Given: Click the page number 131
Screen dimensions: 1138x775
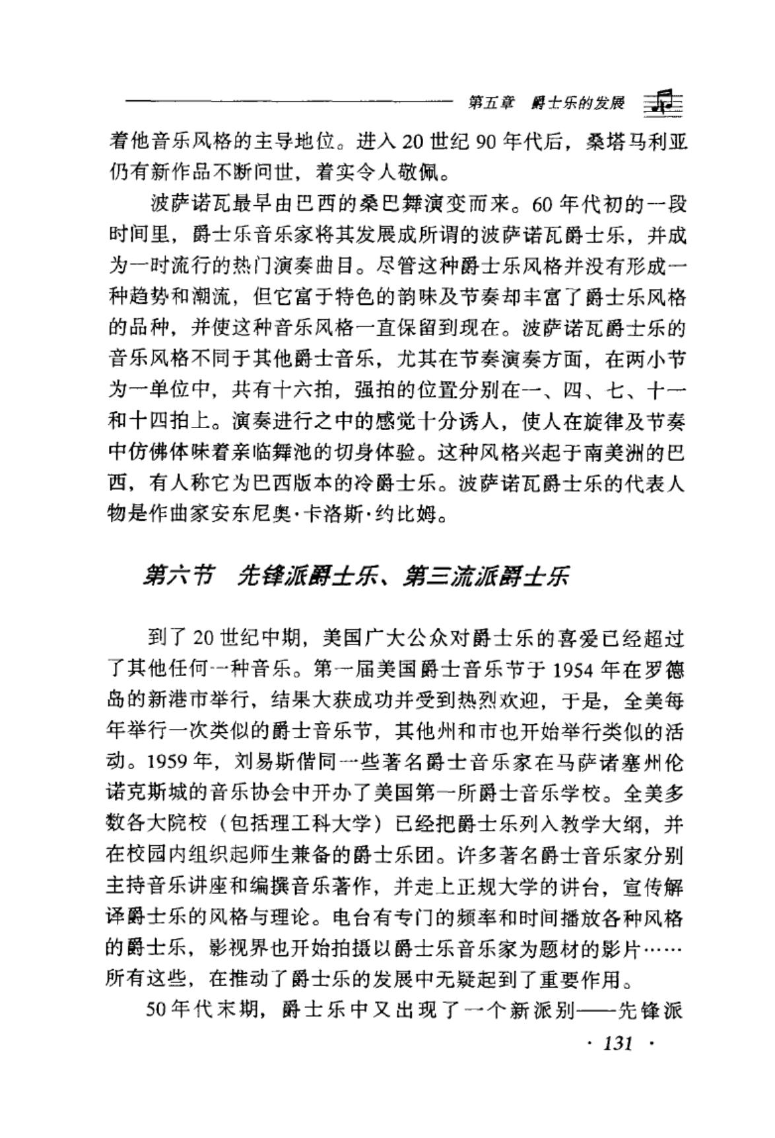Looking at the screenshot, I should point(619,1043).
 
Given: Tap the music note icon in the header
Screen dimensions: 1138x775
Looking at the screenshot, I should point(663,102).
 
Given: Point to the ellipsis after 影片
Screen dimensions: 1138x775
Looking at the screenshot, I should point(661,949).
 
